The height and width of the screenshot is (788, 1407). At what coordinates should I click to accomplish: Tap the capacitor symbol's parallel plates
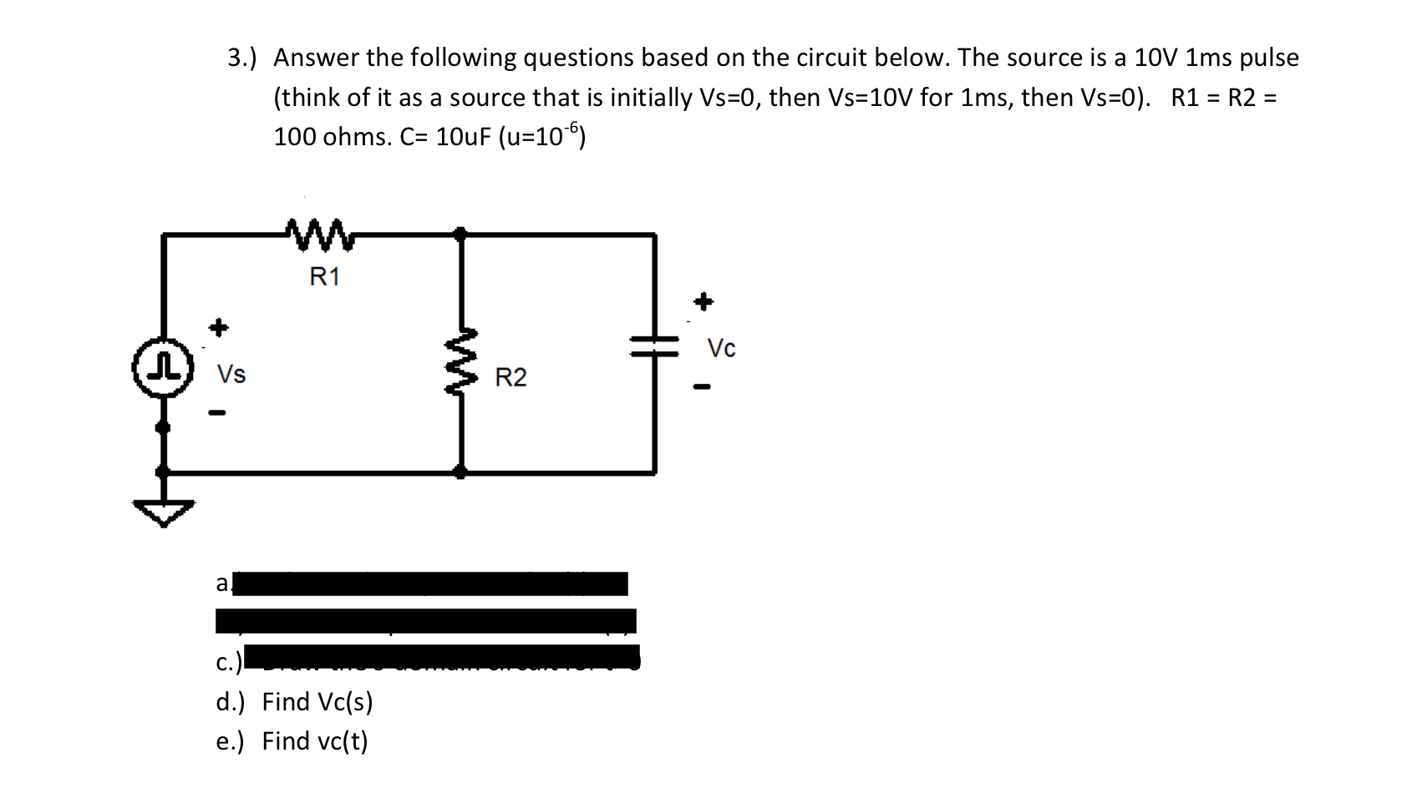tap(655, 346)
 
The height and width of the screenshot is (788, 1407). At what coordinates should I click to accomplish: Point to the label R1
tap(324, 277)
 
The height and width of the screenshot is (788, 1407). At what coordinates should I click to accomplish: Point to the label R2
tap(510, 378)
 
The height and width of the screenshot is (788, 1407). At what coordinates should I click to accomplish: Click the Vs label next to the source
tap(231, 374)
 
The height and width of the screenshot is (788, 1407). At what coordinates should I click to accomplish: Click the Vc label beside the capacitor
tap(721, 348)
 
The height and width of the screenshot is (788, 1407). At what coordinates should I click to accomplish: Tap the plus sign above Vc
tap(703, 301)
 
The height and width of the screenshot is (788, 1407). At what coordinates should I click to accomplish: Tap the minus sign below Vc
tap(702, 386)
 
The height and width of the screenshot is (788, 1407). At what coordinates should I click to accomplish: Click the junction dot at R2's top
tap(460, 233)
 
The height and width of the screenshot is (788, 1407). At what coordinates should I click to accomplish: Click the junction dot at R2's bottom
tap(460, 472)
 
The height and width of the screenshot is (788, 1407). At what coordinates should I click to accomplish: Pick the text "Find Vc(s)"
tap(317, 702)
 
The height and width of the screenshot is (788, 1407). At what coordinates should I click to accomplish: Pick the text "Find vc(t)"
tap(314, 741)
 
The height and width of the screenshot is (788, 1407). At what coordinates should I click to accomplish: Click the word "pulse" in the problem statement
tap(1268, 58)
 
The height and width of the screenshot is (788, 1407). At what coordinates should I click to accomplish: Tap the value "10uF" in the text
tap(464, 137)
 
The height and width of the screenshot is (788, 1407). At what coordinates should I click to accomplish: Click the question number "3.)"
tap(242, 58)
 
